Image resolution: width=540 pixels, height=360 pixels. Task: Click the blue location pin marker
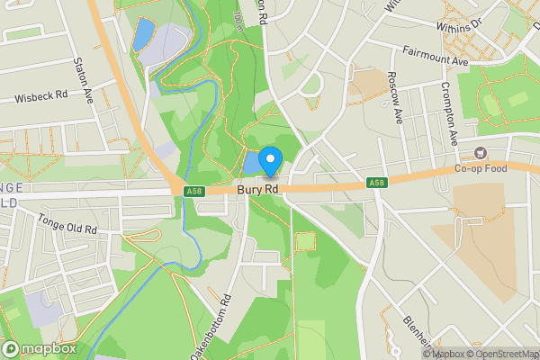point(269,161)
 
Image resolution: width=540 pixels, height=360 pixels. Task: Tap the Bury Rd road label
point(258,190)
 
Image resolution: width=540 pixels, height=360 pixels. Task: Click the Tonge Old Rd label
point(67,224)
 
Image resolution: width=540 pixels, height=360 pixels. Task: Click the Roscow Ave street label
point(392,97)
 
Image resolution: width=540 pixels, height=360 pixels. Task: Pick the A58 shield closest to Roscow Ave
point(377,184)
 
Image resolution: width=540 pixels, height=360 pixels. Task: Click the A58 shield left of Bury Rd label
point(193,191)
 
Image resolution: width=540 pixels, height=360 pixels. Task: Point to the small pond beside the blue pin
point(251,163)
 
